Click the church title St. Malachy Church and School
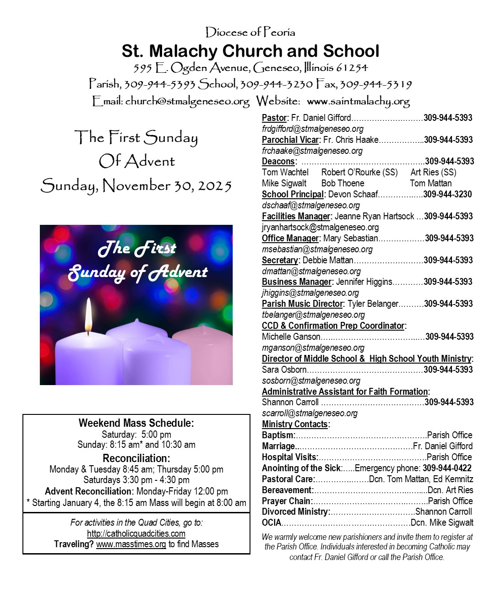click(250, 51)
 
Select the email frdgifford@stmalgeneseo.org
click(313, 129)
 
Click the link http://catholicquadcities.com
click(136, 533)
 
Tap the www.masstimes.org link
click(131, 544)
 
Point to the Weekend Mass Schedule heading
click(136, 423)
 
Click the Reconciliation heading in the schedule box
click(136, 458)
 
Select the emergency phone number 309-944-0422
click(447, 468)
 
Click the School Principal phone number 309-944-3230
click(447, 194)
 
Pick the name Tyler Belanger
click(373, 304)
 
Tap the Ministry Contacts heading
click(295, 424)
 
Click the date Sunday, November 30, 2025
click(136, 185)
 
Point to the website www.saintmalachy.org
click(358, 101)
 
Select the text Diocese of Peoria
click(250, 32)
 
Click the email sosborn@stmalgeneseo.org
click(311, 381)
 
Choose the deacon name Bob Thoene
click(342, 183)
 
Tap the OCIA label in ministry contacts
click(272, 523)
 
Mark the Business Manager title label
click(296, 282)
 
